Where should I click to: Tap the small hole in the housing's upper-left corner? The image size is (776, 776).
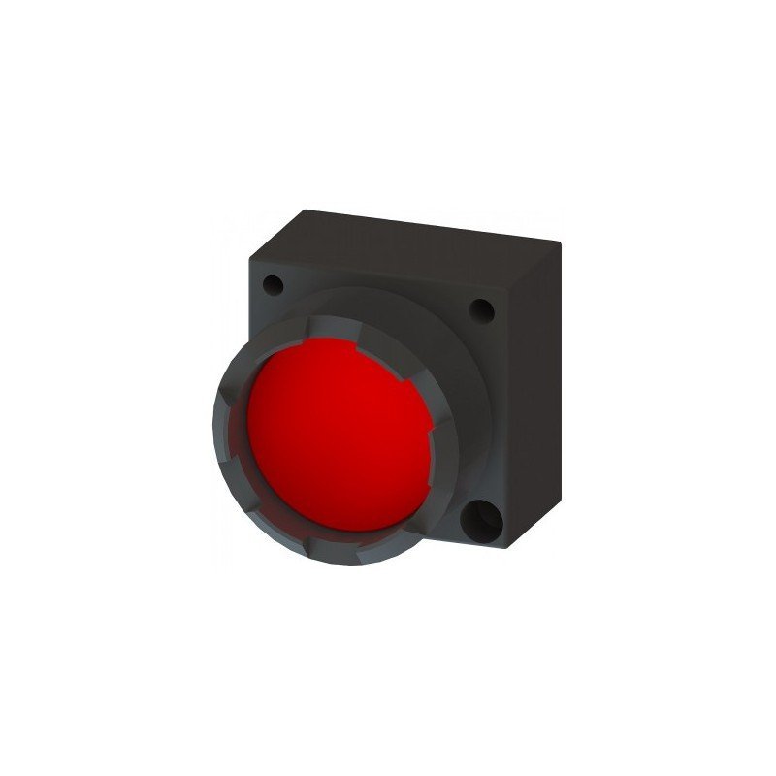[x=274, y=286]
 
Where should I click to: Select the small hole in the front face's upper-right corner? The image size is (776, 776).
[x=480, y=311]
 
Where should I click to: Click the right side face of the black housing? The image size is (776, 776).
[x=539, y=388]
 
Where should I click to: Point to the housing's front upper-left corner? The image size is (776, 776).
[x=250, y=254]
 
